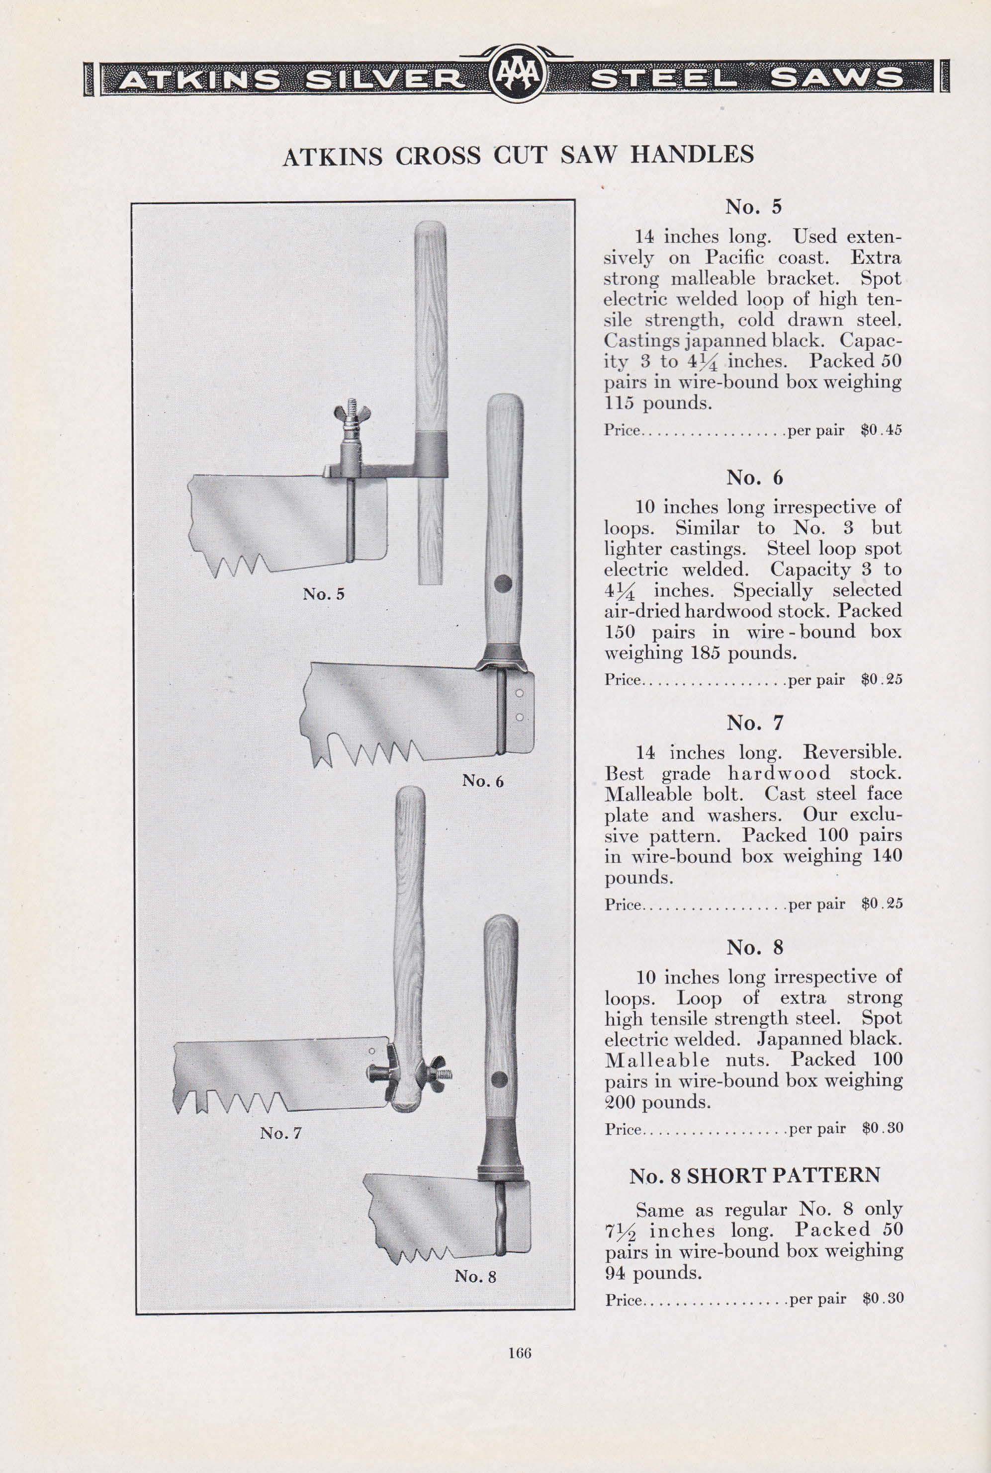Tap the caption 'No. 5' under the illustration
(x=323, y=594)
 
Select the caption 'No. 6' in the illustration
(x=483, y=781)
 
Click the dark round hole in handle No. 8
(x=499, y=1077)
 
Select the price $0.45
(x=882, y=431)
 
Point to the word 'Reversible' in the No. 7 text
(x=851, y=752)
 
